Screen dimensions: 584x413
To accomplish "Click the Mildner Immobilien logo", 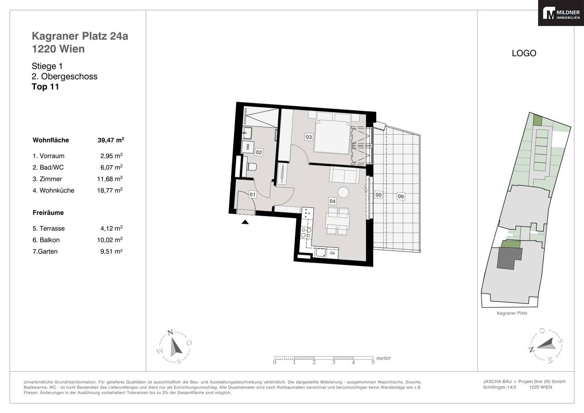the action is (561, 13).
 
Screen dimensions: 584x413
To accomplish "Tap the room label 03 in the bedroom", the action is (309, 137).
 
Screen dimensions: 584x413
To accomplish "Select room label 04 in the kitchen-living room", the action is (333, 201).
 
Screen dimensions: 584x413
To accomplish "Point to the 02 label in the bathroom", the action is (259, 152).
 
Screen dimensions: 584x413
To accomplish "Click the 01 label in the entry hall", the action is (252, 194).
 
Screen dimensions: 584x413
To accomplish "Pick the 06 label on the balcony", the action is (401, 196).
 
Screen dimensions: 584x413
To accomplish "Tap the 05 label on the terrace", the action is (378, 195).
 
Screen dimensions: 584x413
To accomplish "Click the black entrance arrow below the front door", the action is (245, 222).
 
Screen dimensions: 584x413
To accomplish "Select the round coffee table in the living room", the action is (343, 193).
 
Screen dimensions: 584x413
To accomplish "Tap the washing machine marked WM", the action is (247, 147).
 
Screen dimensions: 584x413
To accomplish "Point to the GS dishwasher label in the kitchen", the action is (333, 253).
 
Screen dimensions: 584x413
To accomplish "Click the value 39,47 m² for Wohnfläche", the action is (111, 140).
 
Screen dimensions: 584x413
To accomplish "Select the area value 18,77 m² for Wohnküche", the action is (110, 190).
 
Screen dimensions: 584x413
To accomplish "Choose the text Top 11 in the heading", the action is (45, 86).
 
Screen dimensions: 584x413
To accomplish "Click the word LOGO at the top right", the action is (524, 53).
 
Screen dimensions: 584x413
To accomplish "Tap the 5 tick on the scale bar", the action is (373, 362).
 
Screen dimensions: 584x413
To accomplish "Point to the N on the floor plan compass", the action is (170, 332).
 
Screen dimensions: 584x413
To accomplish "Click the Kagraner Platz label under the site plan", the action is (512, 313).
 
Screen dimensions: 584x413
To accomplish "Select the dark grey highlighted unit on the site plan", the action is (509, 258).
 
